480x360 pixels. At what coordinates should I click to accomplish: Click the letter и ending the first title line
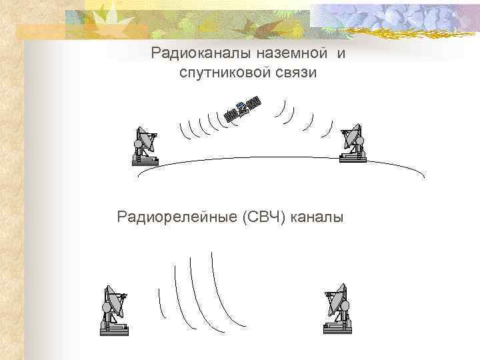pos(341,53)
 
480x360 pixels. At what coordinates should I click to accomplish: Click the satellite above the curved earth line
pos(242,109)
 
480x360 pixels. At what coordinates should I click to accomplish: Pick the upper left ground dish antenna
pos(145,144)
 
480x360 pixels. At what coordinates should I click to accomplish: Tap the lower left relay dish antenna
pos(115,308)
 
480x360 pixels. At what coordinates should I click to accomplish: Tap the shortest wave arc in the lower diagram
pos(160,303)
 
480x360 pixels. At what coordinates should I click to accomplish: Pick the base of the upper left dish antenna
pos(145,160)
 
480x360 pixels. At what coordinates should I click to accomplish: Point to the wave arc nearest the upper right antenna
pos(328,127)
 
